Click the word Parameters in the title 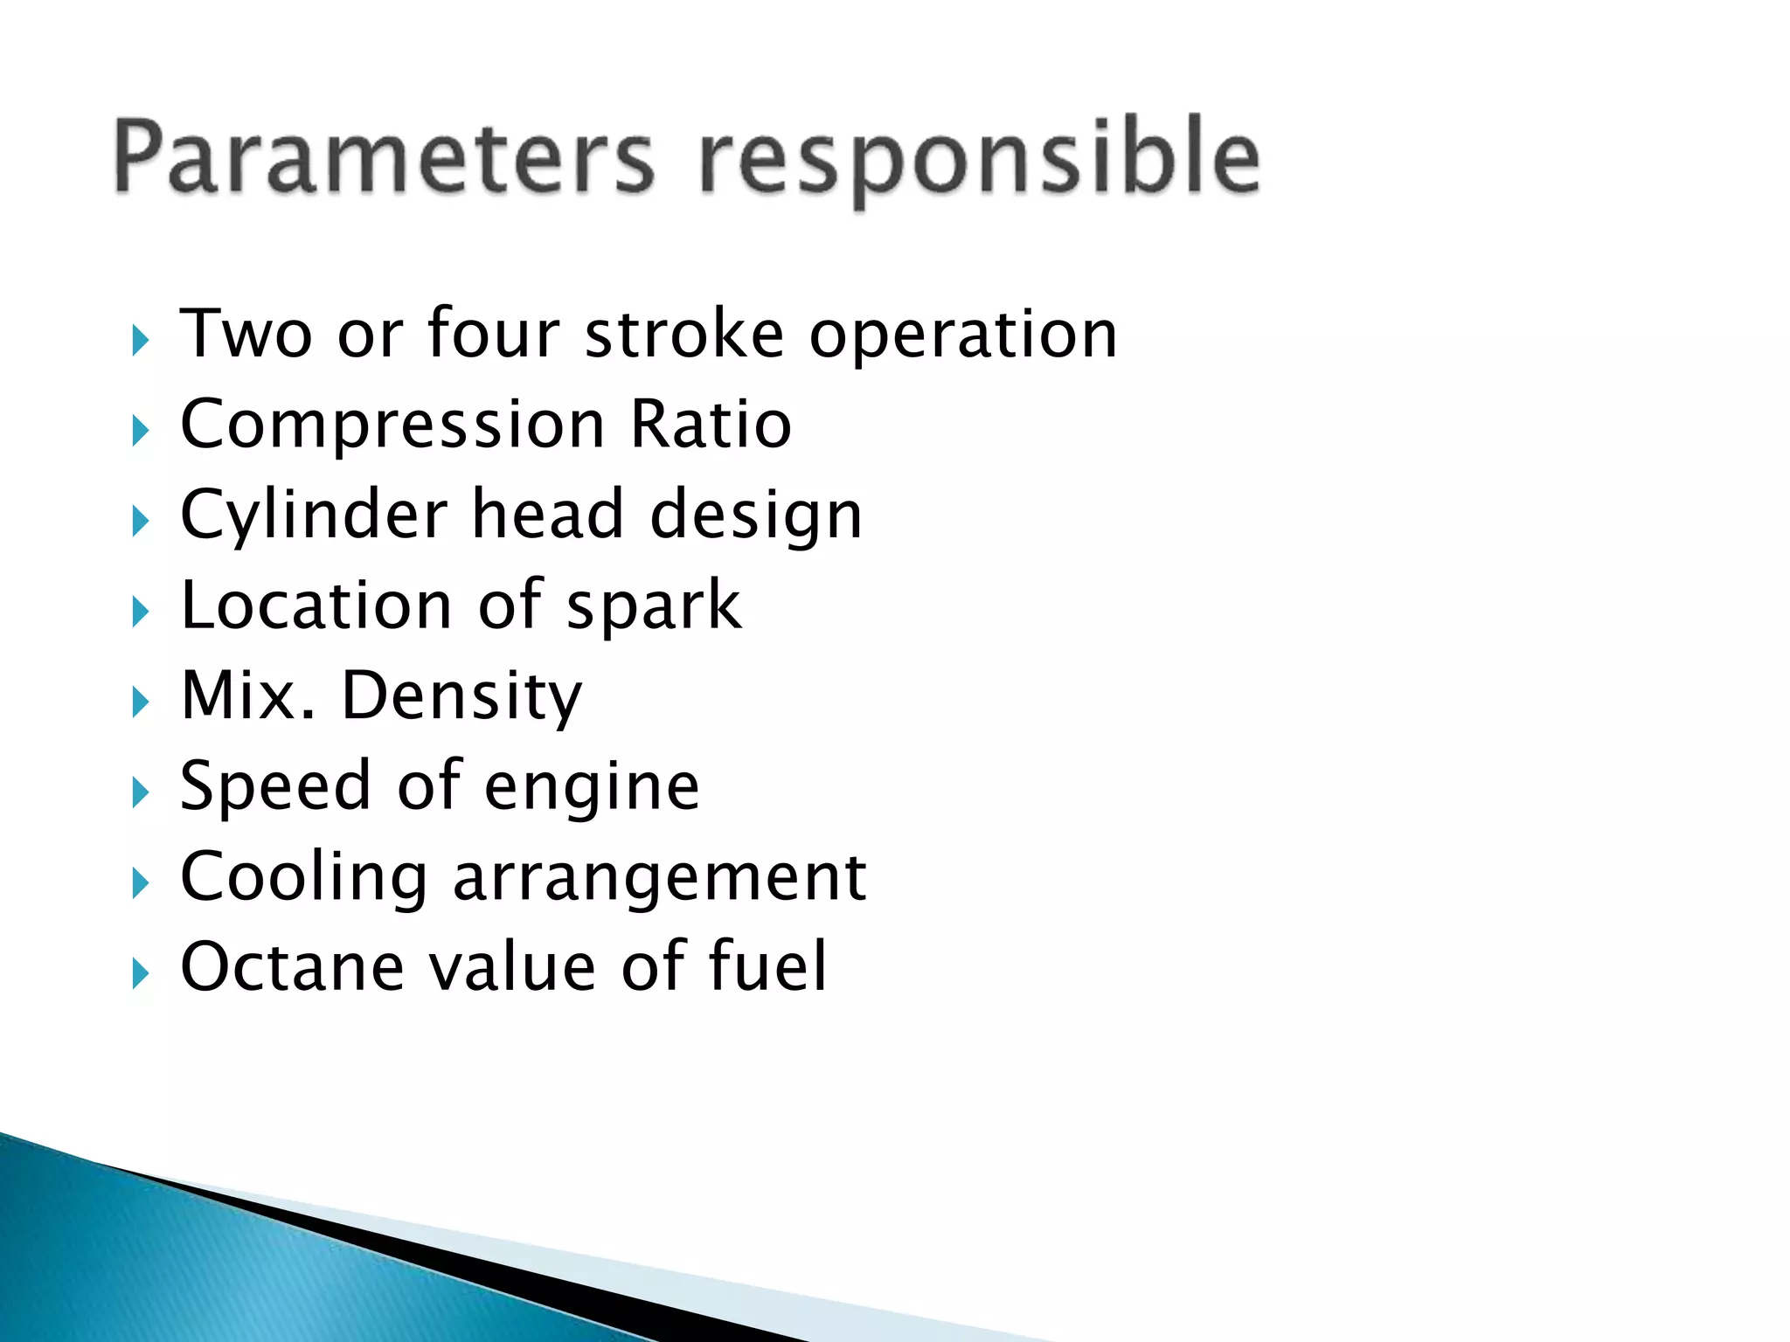(x=383, y=157)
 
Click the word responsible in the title (x=979, y=159)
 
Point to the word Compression (x=392, y=425)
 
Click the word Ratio (x=711, y=425)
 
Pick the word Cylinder (x=314, y=516)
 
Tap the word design (x=756, y=516)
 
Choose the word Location (x=316, y=605)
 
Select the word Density (x=461, y=697)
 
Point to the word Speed (x=275, y=787)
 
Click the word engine (x=592, y=789)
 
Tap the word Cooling (x=304, y=878)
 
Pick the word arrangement (x=660, y=879)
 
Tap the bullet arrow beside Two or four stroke (x=140, y=340)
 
